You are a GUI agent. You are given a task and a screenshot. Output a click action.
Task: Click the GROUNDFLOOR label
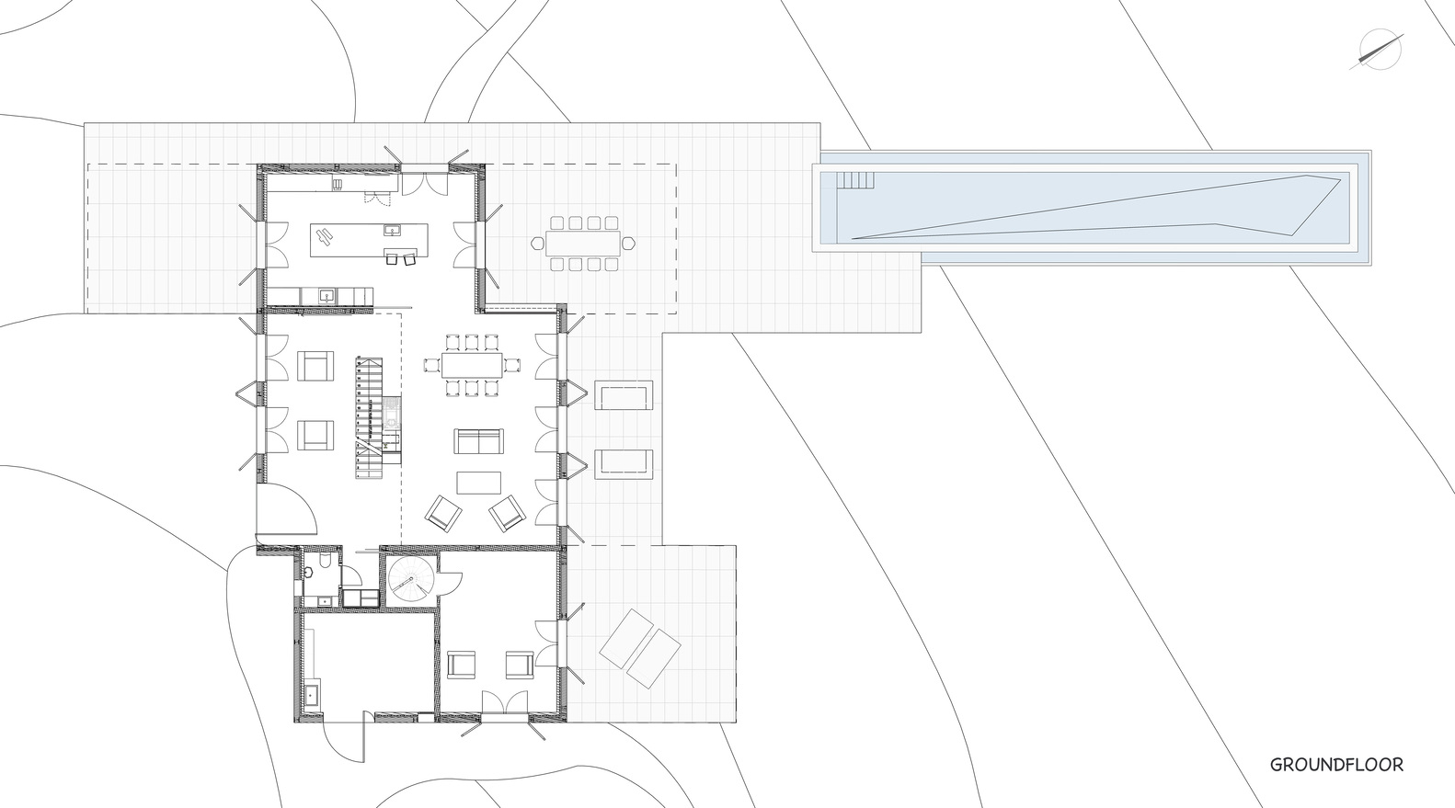point(1336,765)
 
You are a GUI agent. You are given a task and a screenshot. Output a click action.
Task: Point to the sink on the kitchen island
point(394,230)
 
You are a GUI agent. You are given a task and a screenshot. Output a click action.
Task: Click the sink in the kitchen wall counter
point(326,296)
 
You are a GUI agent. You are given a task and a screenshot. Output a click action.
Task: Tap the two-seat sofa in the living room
point(478,441)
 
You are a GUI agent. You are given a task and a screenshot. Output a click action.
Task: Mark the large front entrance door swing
point(287,510)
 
